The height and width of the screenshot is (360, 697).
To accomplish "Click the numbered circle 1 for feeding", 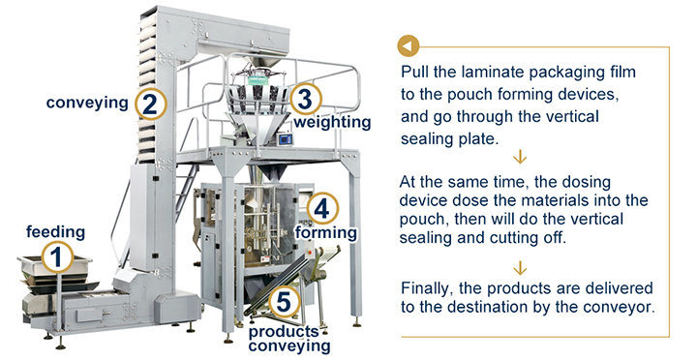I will tap(56, 256).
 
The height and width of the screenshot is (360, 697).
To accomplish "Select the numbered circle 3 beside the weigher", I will tap(305, 100).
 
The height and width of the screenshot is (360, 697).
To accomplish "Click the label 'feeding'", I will tap(55, 232).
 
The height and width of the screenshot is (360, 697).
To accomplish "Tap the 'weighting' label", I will tap(332, 123).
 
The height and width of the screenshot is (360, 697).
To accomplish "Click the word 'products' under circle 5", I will tap(283, 330).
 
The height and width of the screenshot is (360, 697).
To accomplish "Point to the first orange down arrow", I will tap(522, 157).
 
